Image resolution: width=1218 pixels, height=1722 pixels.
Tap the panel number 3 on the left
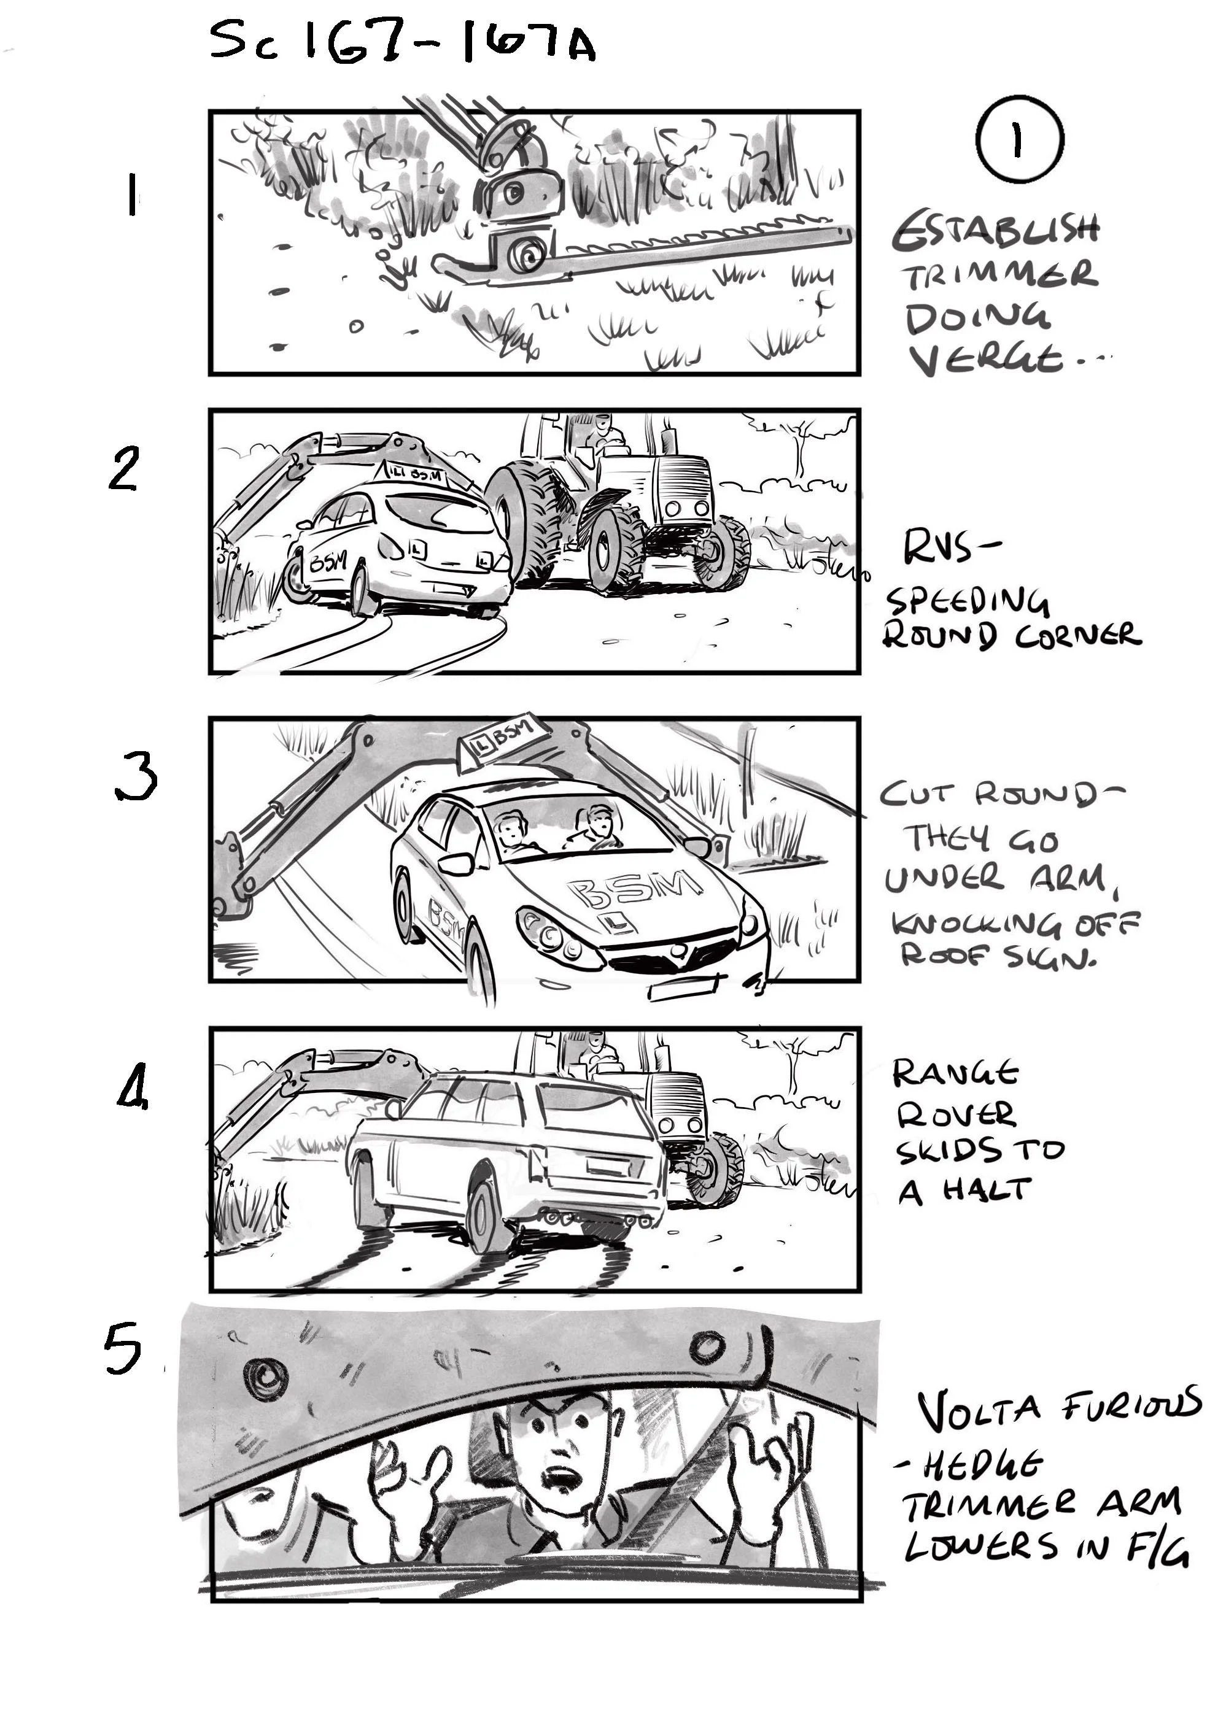[136, 779]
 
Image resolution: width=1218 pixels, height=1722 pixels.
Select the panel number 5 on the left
[122, 1347]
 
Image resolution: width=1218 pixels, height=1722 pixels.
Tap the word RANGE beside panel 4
[955, 1074]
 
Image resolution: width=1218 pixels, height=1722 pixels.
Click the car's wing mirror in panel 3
[457, 864]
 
